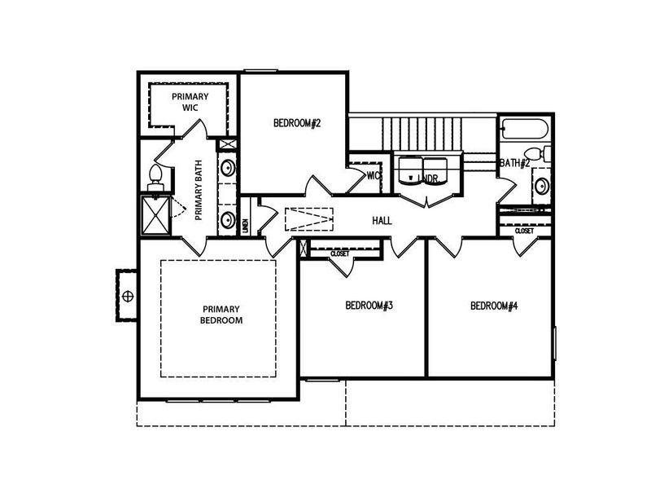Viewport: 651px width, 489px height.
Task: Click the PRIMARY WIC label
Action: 190,101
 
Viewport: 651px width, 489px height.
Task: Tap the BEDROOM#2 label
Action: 297,124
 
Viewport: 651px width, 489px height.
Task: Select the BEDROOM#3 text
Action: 369,306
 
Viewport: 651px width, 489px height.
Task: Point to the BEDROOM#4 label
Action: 494,306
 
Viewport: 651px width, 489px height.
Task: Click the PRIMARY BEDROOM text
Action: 221,315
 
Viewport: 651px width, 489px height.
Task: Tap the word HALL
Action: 382,221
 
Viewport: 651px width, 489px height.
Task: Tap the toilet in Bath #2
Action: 535,154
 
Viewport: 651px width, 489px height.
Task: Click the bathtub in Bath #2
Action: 525,128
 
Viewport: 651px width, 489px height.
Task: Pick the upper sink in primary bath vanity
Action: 229,169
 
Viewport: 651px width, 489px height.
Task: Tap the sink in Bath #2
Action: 540,187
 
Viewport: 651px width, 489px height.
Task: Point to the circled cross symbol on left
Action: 127,295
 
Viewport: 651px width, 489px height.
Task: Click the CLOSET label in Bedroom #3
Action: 339,254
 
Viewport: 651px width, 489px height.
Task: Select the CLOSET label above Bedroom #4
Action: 525,231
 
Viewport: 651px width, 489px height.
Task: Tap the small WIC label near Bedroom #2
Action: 374,175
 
